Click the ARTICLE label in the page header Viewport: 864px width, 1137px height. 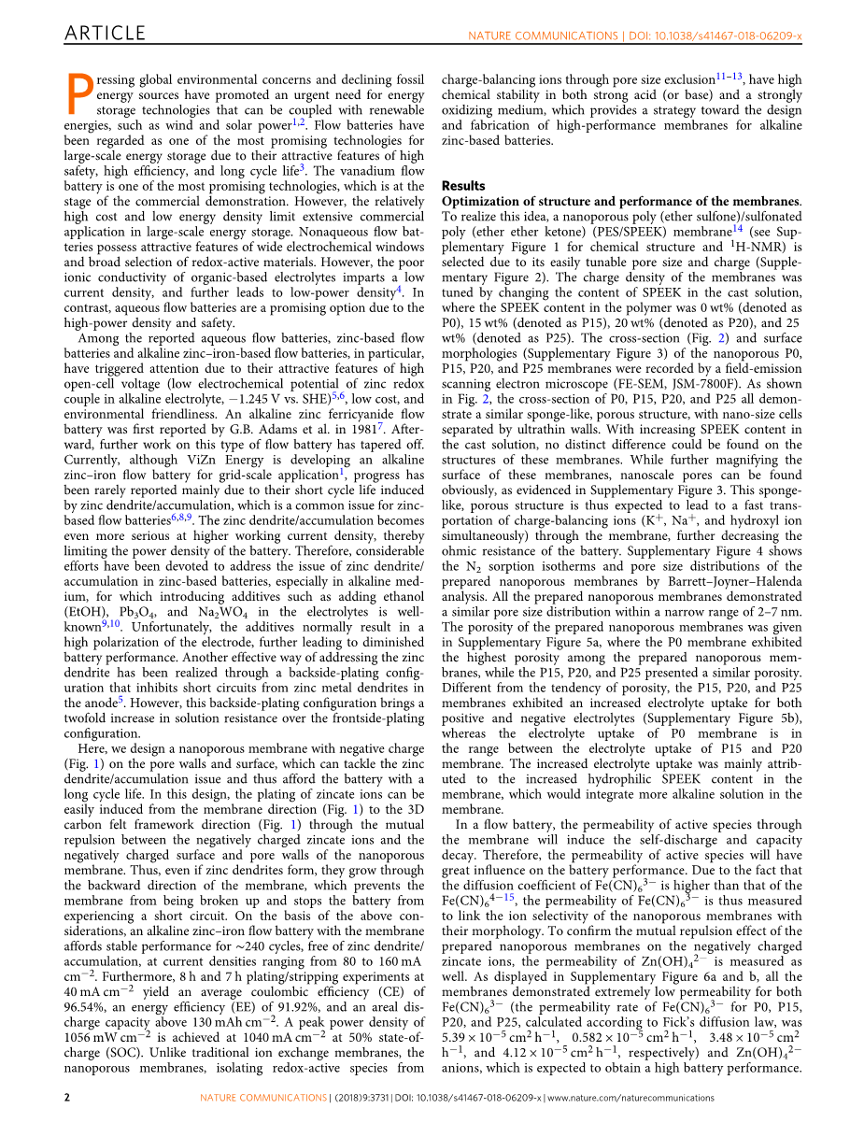click(x=105, y=34)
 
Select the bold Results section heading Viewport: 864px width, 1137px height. click(x=463, y=186)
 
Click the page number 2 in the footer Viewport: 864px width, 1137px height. click(x=67, y=1116)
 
